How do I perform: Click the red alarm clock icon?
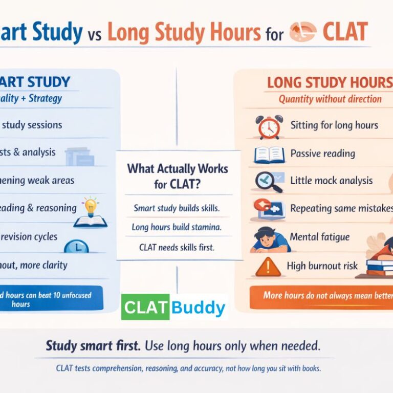(269, 127)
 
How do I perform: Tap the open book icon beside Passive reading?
(269, 154)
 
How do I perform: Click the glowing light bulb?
(91, 207)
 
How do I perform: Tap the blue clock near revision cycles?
(77, 246)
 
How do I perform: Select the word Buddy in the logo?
(198, 308)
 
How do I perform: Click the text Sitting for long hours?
(334, 125)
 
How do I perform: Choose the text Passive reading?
(322, 153)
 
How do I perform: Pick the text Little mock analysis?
(331, 181)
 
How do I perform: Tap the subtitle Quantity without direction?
(330, 99)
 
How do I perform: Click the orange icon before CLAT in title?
(302, 32)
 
